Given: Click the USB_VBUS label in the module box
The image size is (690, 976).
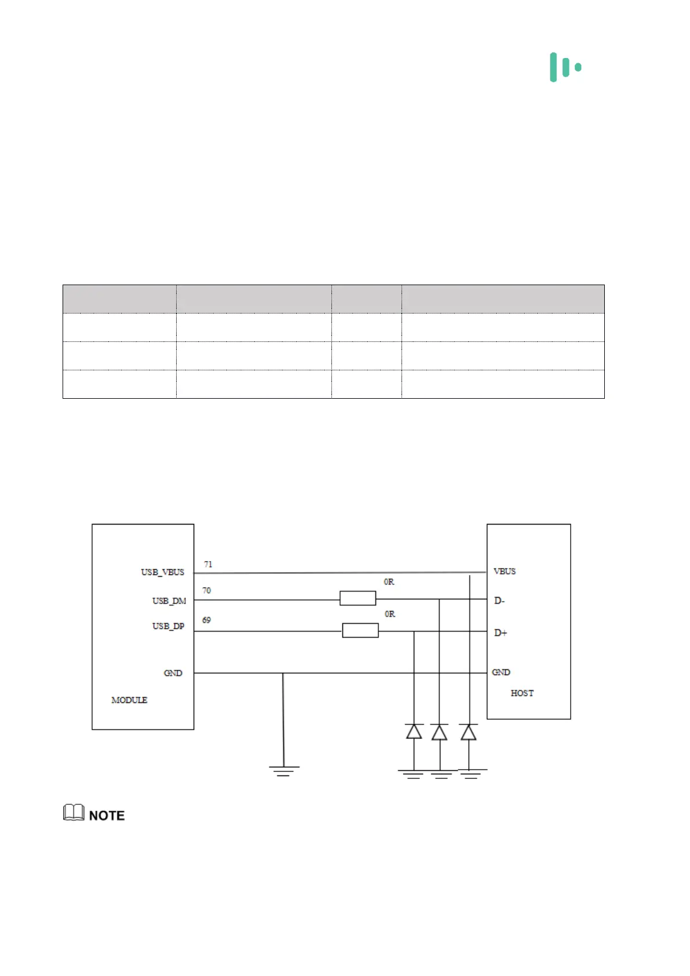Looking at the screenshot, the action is [x=162, y=572].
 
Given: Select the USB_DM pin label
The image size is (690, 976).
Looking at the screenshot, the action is [x=169, y=601].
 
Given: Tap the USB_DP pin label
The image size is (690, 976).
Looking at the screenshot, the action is [x=168, y=627].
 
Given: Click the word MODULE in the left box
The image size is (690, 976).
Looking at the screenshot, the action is [x=129, y=700].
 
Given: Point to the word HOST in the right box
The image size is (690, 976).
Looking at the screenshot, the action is [x=522, y=693].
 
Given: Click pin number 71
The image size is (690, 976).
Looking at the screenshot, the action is [x=208, y=564].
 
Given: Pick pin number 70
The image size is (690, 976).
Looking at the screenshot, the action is [x=206, y=591].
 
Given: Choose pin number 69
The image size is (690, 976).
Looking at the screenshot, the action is [x=206, y=620].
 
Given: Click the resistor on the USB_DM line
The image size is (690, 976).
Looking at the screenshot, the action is [x=357, y=598].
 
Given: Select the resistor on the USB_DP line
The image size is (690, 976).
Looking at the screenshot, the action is [x=360, y=631].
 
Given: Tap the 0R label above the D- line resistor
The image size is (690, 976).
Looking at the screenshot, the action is [x=389, y=582].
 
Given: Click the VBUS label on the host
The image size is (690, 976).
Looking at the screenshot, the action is [x=504, y=571].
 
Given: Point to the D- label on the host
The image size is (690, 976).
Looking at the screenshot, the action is [x=499, y=601].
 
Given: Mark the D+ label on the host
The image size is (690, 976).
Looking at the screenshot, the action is [x=500, y=633].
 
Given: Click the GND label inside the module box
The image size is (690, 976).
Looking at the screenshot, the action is [x=173, y=673].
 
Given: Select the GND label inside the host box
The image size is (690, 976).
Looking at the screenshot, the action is [x=501, y=672].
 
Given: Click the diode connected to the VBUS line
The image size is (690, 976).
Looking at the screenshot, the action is [x=469, y=733].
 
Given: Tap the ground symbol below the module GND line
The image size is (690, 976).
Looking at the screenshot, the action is [x=283, y=770].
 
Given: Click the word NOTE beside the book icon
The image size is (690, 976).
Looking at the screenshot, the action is [x=107, y=815].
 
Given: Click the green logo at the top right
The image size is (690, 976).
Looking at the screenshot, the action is [x=565, y=67].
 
